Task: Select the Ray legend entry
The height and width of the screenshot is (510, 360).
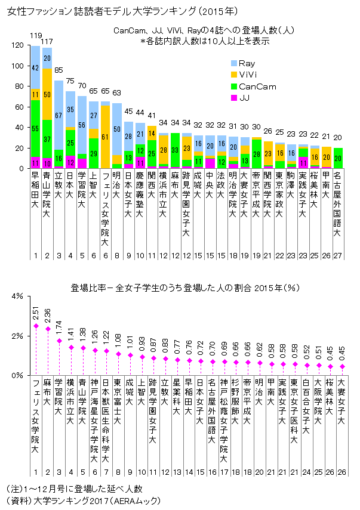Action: click(x=245, y=63)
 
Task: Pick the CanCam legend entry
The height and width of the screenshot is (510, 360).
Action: click(x=253, y=86)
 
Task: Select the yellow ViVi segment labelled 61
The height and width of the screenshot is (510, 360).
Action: click(x=105, y=137)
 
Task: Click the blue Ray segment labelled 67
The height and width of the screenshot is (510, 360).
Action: click(x=59, y=115)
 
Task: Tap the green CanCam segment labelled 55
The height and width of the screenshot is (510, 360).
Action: click(x=35, y=129)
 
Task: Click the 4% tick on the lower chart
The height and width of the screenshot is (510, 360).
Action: click(x=16, y=296)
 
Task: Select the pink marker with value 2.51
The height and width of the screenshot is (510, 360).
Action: click(x=35, y=326)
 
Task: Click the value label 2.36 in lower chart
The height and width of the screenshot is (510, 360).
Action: click(x=47, y=313)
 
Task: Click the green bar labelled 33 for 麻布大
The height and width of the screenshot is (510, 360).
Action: click(x=175, y=151)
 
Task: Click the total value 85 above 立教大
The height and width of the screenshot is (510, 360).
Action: click(x=59, y=70)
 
